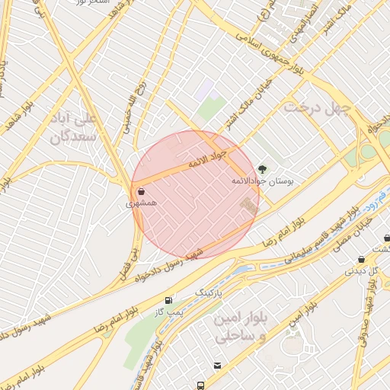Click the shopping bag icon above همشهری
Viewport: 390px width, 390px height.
[x=142, y=192]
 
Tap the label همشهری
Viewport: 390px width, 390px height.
[x=142, y=205]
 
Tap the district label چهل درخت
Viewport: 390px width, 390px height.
[x=316, y=108]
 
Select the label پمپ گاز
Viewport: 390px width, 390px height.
[x=168, y=312]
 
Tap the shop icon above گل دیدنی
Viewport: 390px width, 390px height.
[x=360, y=259]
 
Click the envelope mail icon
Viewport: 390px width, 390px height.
[x=218, y=366]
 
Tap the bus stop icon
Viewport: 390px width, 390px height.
[x=200, y=385]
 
